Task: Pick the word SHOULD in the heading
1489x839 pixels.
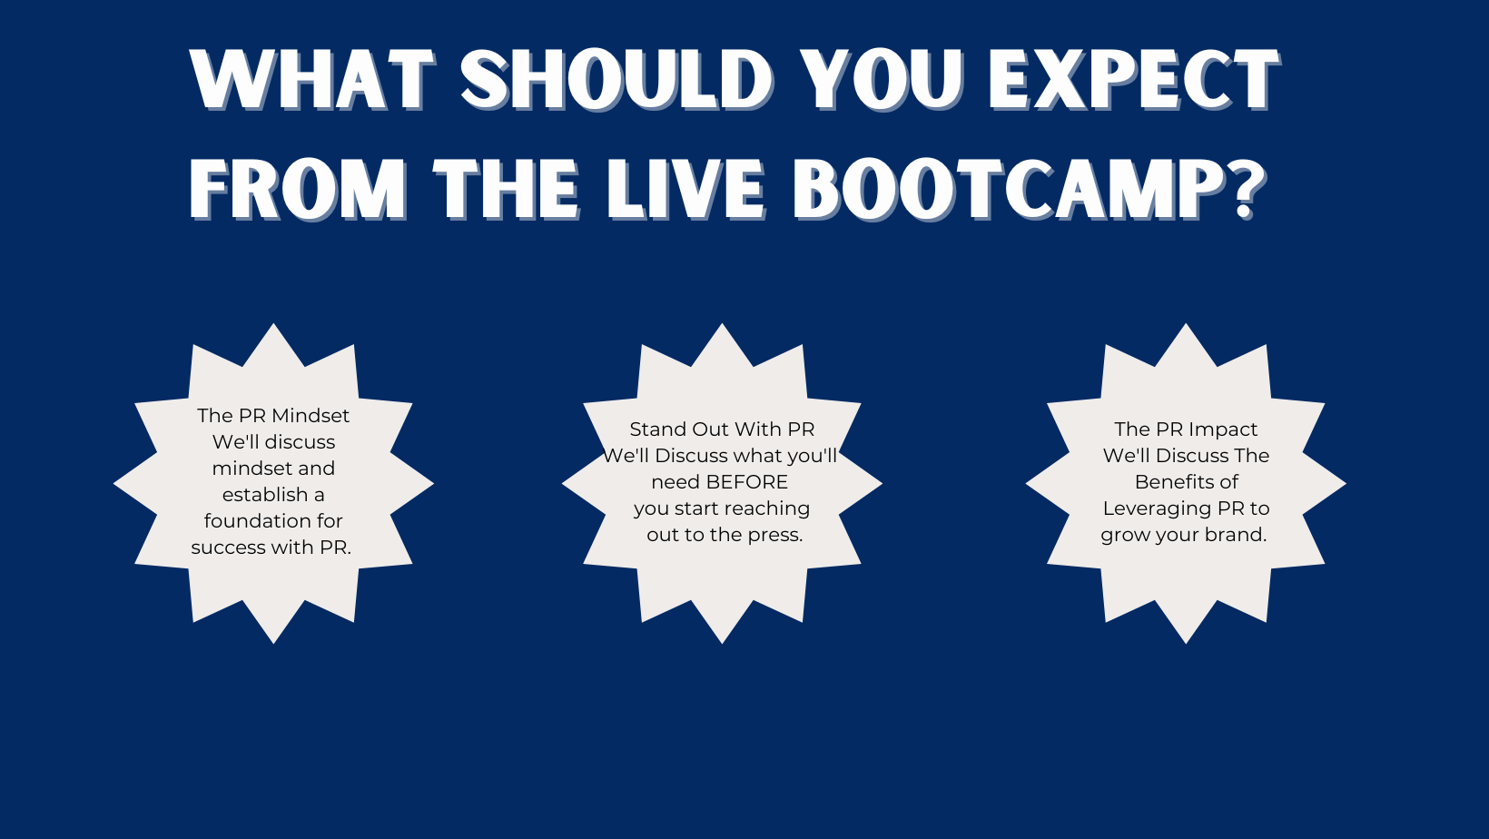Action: pyautogui.click(x=616, y=78)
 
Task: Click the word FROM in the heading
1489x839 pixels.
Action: pyautogui.click(x=299, y=190)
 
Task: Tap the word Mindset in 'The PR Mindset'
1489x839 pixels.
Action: pyautogui.click(x=311, y=416)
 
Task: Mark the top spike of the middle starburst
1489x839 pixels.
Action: pyautogui.click(x=722, y=324)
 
